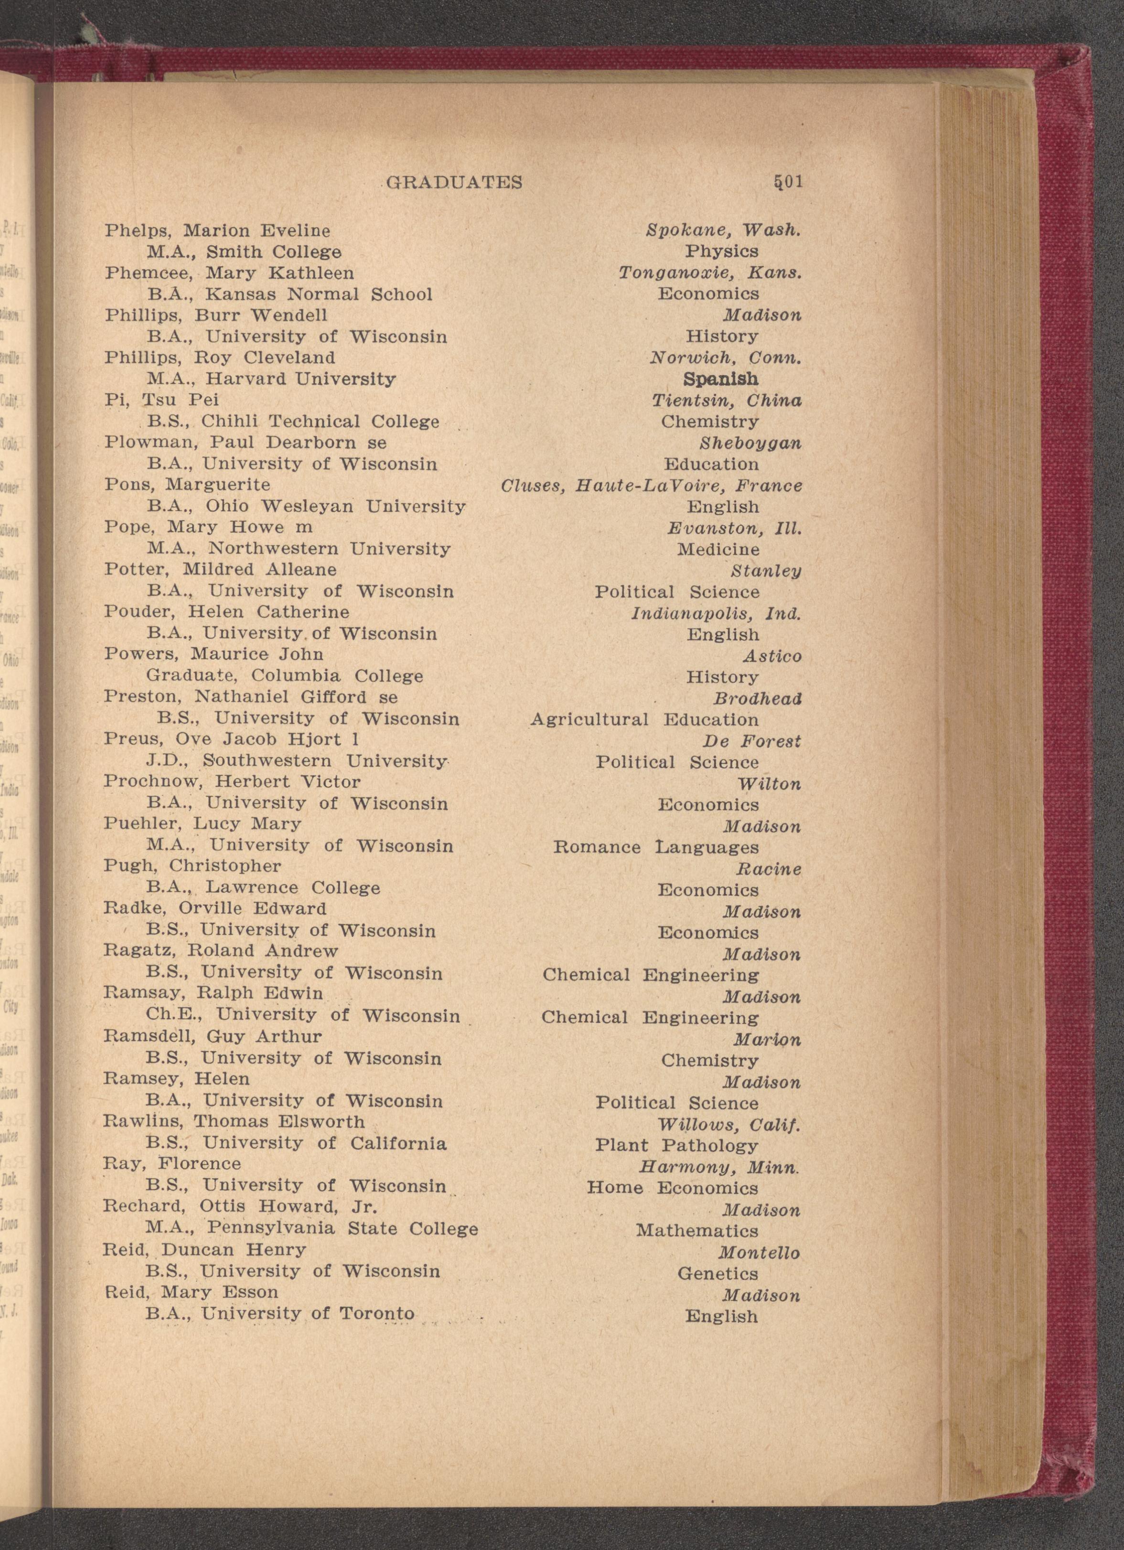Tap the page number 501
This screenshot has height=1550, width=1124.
(x=788, y=182)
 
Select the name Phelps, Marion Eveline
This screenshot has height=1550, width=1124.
(x=217, y=231)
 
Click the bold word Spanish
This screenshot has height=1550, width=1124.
(x=721, y=380)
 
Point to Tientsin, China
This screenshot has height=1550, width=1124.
(x=727, y=401)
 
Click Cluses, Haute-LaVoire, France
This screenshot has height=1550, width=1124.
(x=651, y=486)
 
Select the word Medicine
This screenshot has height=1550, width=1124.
(x=718, y=549)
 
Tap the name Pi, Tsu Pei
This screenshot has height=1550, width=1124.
(x=161, y=400)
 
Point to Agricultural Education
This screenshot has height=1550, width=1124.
(x=645, y=720)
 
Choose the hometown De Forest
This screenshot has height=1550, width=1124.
(x=751, y=741)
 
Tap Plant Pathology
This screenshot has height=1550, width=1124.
(x=676, y=1145)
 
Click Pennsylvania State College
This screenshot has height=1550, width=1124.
(x=342, y=1229)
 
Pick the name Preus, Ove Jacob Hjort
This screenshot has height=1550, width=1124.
(x=232, y=739)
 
